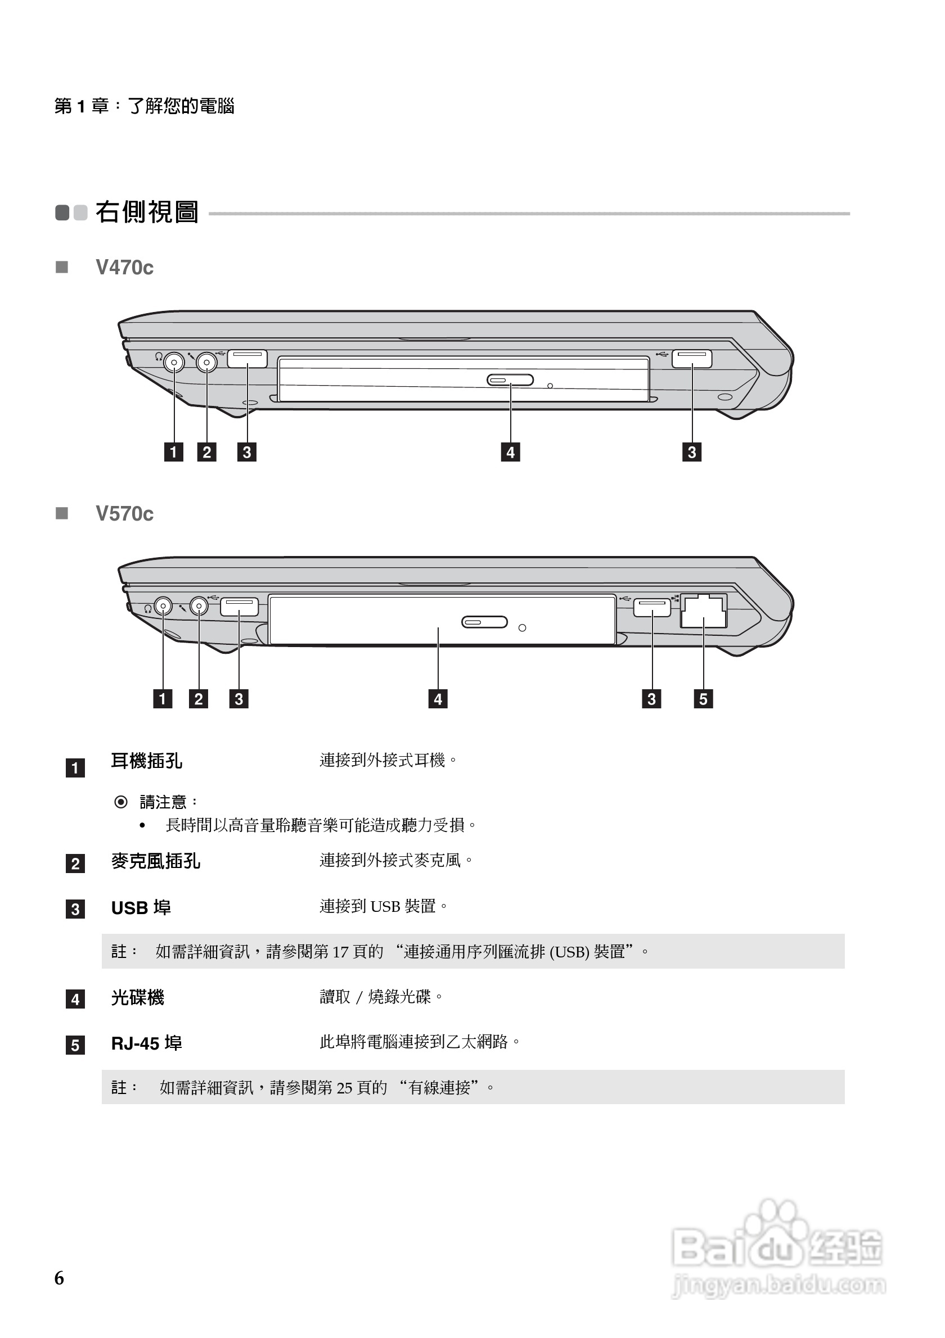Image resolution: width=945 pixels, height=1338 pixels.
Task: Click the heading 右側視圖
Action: [147, 212]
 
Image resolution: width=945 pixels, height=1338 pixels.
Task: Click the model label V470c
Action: [124, 268]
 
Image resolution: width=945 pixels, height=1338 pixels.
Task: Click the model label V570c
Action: [124, 514]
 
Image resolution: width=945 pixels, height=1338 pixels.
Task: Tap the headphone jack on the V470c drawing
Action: [173, 363]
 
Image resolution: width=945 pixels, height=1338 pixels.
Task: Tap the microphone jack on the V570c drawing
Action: [199, 607]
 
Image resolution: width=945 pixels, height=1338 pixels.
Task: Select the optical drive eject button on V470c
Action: [510, 381]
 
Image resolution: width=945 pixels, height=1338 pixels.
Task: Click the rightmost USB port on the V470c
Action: [692, 359]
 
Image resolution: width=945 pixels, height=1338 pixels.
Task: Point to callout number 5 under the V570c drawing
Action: [703, 699]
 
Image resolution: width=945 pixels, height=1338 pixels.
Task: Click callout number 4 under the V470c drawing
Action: [510, 452]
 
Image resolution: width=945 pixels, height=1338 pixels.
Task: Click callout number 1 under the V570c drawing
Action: [163, 699]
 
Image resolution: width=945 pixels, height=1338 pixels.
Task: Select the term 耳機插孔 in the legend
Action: [146, 761]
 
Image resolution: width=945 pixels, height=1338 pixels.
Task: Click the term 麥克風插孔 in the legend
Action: [156, 861]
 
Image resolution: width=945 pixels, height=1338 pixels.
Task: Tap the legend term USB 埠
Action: [141, 908]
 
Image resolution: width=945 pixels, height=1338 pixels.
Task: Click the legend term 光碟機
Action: [138, 998]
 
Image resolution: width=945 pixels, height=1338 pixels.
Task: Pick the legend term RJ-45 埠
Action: [146, 1043]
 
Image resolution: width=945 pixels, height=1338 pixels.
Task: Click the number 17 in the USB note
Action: [340, 952]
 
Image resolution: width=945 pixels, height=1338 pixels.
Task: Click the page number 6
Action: [60, 1278]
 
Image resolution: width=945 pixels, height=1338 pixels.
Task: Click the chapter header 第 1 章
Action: [81, 106]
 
